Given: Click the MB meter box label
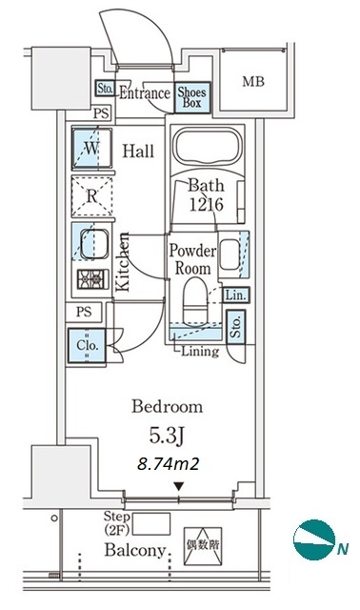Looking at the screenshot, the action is click(x=253, y=82).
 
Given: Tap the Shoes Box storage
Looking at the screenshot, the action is click(x=192, y=97).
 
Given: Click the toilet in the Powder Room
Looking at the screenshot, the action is click(x=196, y=300).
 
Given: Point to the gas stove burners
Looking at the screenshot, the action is click(x=93, y=279).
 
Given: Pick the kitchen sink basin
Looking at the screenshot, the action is click(x=94, y=244).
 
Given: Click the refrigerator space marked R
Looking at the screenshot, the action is click(x=91, y=196).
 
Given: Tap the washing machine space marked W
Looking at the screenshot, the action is click(x=91, y=149).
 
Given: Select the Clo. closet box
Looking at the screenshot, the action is click(x=87, y=345).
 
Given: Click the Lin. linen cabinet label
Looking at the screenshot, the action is click(x=236, y=295).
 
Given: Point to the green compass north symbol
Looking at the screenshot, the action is click(x=314, y=539).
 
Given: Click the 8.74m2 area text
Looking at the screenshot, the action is click(x=168, y=464).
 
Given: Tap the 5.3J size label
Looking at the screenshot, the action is click(x=166, y=437).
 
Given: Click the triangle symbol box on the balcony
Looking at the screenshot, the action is click(x=203, y=546).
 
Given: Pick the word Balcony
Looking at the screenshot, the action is click(x=135, y=550).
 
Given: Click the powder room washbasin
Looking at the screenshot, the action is click(x=230, y=254).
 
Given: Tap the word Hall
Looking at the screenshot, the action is click(x=138, y=151).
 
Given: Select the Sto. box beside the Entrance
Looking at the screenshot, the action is click(x=105, y=89).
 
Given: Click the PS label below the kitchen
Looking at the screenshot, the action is click(x=84, y=312).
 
